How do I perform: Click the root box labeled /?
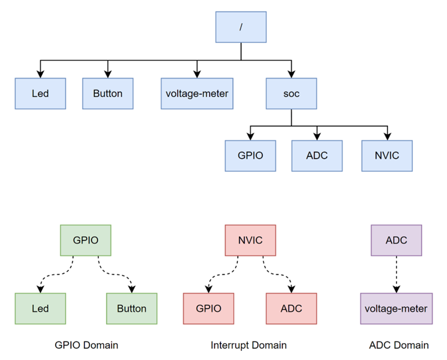(x=241, y=27)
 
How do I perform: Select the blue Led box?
(x=40, y=93)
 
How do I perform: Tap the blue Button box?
(x=108, y=93)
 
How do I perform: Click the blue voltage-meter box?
(x=197, y=93)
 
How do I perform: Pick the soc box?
(x=291, y=93)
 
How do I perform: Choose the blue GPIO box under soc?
(x=250, y=156)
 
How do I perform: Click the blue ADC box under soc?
(x=317, y=156)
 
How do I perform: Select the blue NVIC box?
(x=387, y=156)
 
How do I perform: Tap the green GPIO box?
(x=86, y=240)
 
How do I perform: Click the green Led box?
(x=40, y=308)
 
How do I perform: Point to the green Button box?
(x=131, y=308)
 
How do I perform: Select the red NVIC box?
(x=250, y=240)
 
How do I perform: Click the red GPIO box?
(x=208, y=308)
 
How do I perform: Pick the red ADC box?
(x=291, y=308)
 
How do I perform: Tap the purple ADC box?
(x=396, y=240)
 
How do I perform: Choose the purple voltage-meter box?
(x=396, y=308)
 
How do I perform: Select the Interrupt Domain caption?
(x=249, y=345)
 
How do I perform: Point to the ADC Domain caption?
(x=398, y=345)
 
